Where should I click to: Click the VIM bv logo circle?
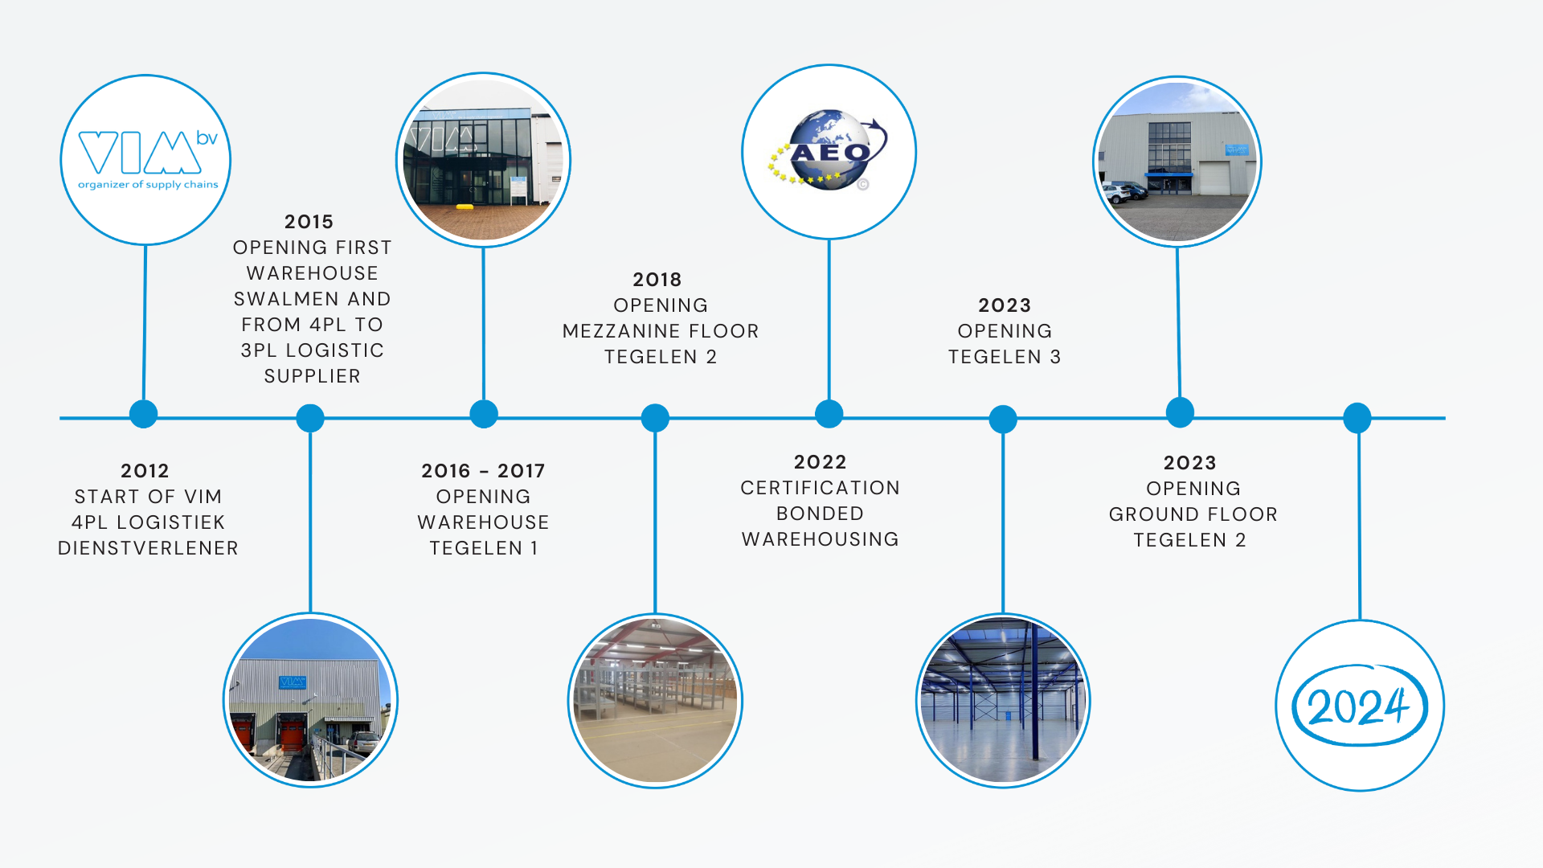point(145,160)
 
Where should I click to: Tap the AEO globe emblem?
point(828,150)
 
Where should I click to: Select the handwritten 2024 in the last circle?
point(1359,706)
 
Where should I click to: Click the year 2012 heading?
point(145,471)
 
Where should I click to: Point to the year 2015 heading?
point(309,222)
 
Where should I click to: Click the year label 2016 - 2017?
point(483,471)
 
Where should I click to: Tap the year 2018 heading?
point(657,280)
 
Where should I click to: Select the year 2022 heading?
point(820,462)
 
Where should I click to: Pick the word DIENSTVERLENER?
point(148,548)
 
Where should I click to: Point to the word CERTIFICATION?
point(820,488)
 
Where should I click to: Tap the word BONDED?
point(820,514)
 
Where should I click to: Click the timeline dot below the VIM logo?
point(144,414)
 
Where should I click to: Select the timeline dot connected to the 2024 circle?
point(1357,418)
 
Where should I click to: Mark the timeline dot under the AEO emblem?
point(829,414)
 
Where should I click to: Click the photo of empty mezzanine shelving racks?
point(655,701)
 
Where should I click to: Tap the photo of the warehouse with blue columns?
point(1003,701)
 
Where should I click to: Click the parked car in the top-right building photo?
point(1123,192)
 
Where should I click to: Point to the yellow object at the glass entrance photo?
point(465,207)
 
